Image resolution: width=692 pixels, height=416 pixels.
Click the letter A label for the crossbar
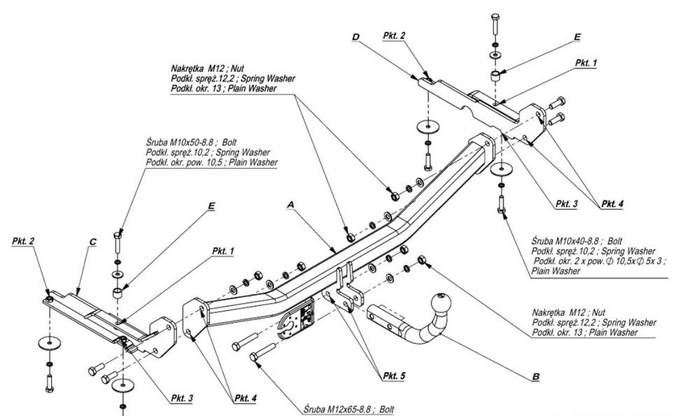291,204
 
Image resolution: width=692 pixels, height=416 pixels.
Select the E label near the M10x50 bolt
211,205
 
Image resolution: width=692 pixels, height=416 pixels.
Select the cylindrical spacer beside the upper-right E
495,76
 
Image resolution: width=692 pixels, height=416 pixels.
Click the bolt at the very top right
495,24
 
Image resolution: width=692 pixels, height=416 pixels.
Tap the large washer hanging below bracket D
428,127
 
